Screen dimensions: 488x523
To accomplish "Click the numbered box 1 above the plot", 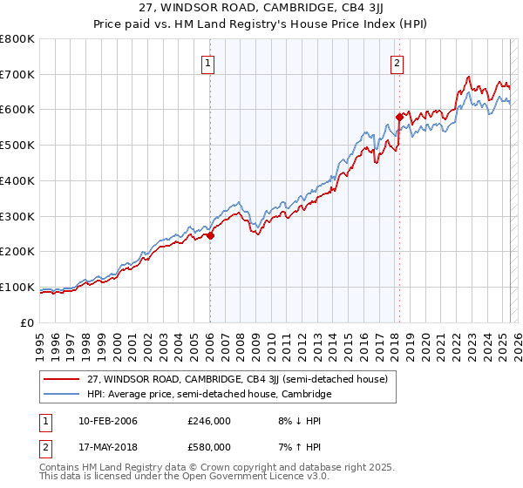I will [209, 62].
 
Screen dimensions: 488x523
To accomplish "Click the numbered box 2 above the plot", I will [397, 62].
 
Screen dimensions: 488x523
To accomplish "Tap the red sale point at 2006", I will [210, 235].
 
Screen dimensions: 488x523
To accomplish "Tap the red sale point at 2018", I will [399, 116].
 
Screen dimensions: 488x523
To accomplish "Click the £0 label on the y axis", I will [27, 322].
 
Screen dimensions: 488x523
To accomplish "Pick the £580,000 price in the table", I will [208, 447].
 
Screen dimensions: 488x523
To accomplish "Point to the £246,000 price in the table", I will [208, 420].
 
